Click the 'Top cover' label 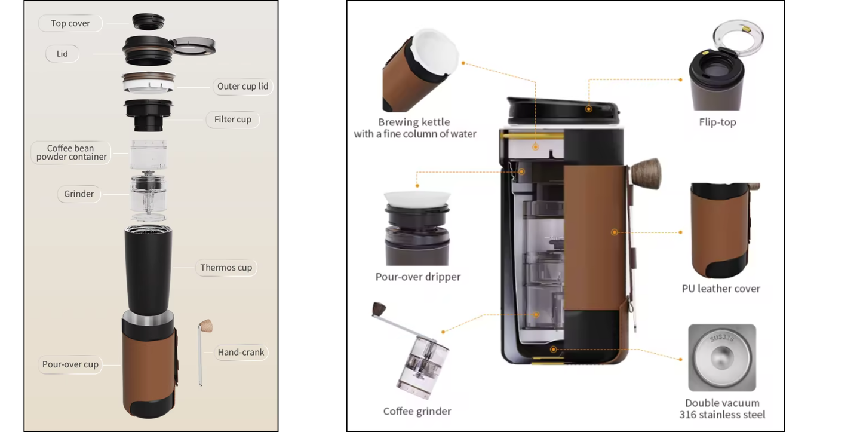point(70,23)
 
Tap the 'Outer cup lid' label point(242,86)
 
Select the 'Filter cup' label point(232,120)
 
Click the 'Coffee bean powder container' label point(71,152)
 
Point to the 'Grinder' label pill point(79,194)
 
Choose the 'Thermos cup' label point(226,268)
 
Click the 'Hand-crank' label point(241,353)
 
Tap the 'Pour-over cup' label point(70,364)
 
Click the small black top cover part point(148,22)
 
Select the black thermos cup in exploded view point(148,269)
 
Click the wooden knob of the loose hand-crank point(207,326)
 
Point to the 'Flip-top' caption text point(717,122)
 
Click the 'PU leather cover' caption point(721,289)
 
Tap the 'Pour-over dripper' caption point(417,277)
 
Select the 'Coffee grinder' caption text point(417,411)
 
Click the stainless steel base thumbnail point(721,358)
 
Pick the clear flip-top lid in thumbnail point(739,37)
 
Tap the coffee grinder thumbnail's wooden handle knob point(379,309)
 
